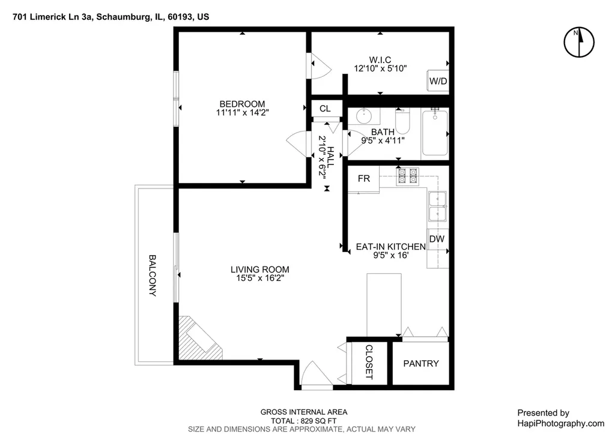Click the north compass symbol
(x=579, y=42)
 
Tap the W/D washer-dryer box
(x=438, y=81)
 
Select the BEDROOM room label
(x=242, y=104)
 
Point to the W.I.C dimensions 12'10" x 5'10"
(x=380, y=68)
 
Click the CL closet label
(x=325, y=109)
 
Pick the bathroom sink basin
(x=365, y=116)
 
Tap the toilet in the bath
(x=402, y=121)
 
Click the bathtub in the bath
(x=435, y=133)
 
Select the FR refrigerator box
(x=363, y=179)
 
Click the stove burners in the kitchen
(x=408, y=176)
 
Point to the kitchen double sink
(x=437, y=206)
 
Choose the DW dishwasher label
(x=437, y=239)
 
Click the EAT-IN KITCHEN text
(x=390, y=247)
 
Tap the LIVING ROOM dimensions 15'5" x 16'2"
(x=260, y=279)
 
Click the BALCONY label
(x=153, y=276)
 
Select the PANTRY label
(x=421, y=364)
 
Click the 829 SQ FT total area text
(x=318, y=421)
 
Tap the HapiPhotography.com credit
(x=561, y=423)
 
